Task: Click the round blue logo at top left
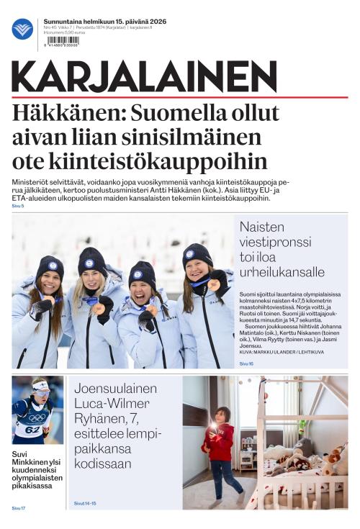(22, 30)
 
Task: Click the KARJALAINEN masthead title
(144, 77)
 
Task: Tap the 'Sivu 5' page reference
(18, 206)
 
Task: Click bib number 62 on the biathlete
(32, 430)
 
